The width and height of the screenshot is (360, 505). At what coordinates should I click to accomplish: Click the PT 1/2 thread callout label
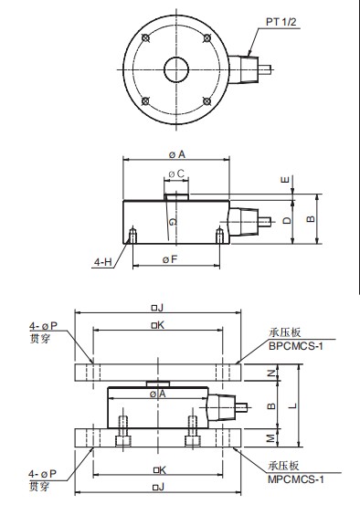281,22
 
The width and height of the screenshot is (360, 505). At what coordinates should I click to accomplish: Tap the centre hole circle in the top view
176,69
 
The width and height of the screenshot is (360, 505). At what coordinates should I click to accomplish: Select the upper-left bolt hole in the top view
145,38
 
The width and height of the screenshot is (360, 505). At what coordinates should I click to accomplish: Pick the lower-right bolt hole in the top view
206,101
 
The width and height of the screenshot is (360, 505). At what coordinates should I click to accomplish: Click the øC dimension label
176,174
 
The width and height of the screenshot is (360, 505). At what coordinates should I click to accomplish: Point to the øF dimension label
170,259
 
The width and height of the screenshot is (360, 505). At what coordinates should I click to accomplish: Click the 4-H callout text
102,262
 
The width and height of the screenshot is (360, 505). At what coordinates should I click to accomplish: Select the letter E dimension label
286,179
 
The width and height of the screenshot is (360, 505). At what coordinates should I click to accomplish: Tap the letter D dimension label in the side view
287,220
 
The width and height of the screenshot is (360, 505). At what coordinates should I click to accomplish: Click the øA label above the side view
177,154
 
